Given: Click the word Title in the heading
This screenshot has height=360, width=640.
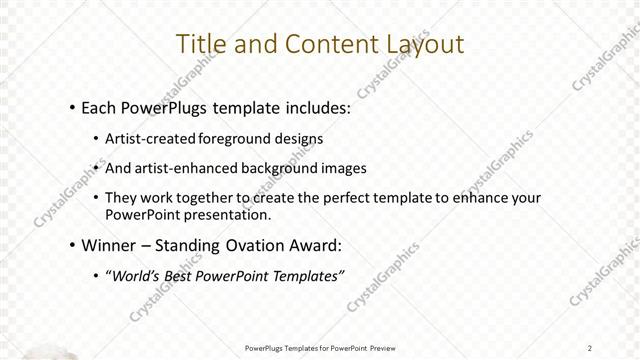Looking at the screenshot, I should pyautogui.click(x=199, y=44).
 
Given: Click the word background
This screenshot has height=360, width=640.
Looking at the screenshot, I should pyautogui.click(x=278, y=168).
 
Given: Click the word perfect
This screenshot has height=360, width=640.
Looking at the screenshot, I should pyautogui.click(x=361, y=197).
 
